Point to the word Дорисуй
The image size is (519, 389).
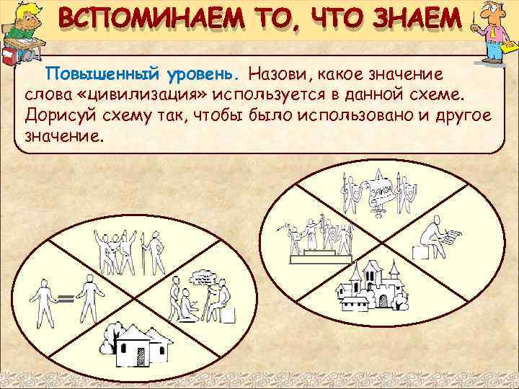(x=56, y=115)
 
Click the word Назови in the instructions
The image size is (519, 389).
(x=282, y=75)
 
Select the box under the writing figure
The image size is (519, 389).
(x=420, y=253)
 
